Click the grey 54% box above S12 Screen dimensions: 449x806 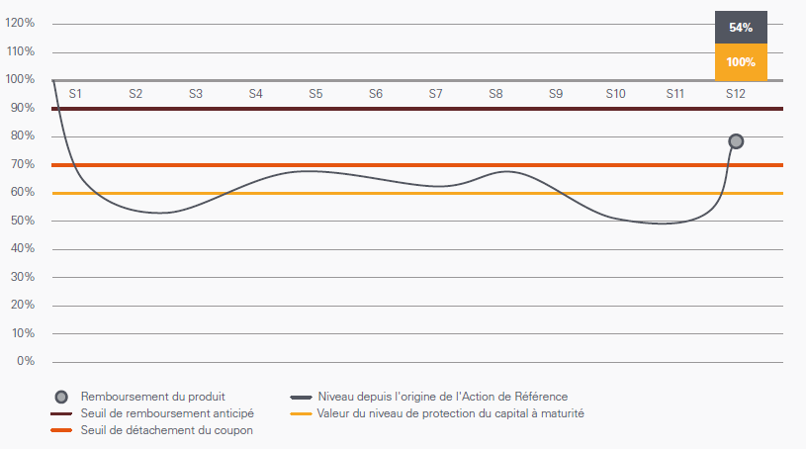pyautogui.click(x=741, y=28)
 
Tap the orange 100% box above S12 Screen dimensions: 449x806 pyautogui.click(x=741, y=61)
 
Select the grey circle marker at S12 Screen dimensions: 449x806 pyautogui.click(x=736, y=141)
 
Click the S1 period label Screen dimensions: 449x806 pyautogui.click(x=75, y=94)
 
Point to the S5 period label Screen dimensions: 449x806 pyautogui.click(x=315, y=94)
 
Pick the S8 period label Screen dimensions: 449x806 pyautogui.click(x=495, y=94)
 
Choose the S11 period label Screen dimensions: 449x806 pyautogui.click(x=675, y=94)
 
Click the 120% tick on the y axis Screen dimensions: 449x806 pyautogui.click(x=20, y=23)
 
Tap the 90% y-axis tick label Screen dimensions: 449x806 pyautogui.click(x=23, y=108)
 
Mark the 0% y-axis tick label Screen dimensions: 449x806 pyautogui.click(x=26, y=361)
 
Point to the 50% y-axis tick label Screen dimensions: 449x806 pyautogui.click(x=23, y=221)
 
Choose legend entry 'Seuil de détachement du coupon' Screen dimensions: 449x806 pyautogui.click(x=166, y=430)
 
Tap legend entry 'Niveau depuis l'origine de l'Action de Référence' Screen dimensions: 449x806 pyautogui.click(x=442, y=397)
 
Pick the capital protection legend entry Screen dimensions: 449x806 pyautogui.click(x=450, y=413)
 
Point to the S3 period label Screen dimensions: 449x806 pyautogui.click(x=196, y=94)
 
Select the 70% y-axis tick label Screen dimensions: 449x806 pyautogui.click(x=23, y=164)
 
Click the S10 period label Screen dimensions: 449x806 pyautogui.click(x=615, y=94)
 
